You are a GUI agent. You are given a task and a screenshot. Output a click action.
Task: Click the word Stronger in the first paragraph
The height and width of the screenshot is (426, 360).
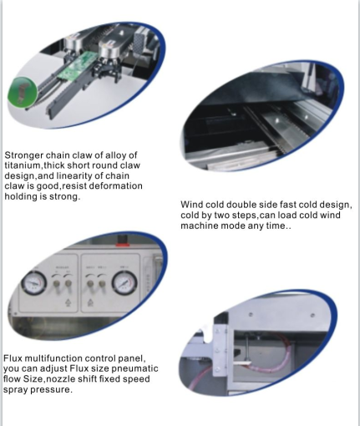(23, 155)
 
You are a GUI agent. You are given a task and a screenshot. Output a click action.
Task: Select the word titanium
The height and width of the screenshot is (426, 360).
(23, 165)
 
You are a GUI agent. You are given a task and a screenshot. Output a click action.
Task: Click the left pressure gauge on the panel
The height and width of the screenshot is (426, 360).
(33, 283)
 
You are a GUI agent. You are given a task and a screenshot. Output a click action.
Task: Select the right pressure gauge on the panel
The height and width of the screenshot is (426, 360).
(124, 283)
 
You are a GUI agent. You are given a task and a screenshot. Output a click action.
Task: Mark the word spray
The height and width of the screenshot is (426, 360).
(15, 390)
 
